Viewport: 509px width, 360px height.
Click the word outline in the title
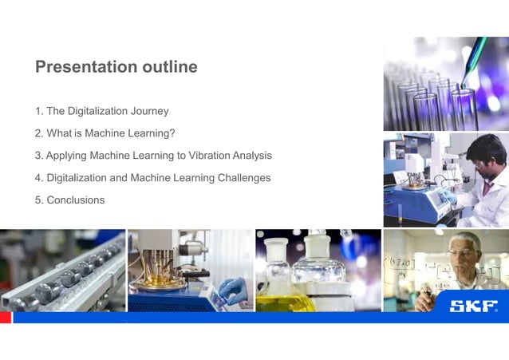click(x=169, y=67)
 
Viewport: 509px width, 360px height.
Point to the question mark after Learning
click(x=172, y=133)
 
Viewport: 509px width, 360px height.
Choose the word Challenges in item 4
click(x=244, y=178)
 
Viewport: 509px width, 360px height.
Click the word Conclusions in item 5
click(x=75, y=200)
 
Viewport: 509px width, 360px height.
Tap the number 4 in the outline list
click(x=38, y=178)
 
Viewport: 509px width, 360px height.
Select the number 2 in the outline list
click(x=38, y=133)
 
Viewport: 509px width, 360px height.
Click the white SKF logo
click(x=474, y=306)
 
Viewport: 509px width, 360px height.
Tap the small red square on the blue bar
click(x=6, y=318)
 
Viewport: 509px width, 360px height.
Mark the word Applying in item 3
click(x=66, y=156)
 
